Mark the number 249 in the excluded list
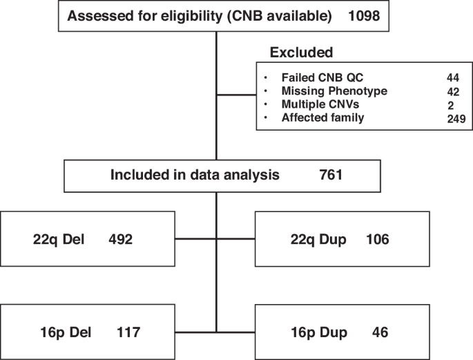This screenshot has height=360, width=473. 456,118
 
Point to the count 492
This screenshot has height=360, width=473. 124,239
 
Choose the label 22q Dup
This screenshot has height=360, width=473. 315,239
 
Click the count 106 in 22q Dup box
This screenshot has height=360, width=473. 378,239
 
